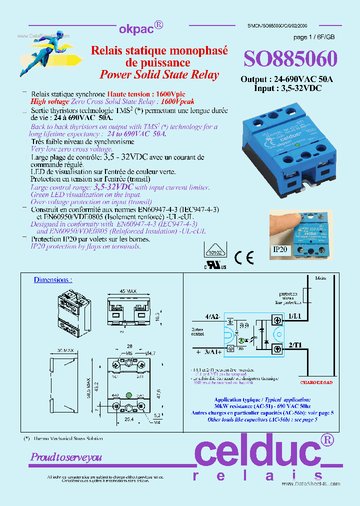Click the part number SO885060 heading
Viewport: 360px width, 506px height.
pyautogui.click(x=290, y=59)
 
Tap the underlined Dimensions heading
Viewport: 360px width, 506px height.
pyautogui.click(x=53, y=280)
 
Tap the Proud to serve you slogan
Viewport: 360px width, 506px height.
pyautogui.click(x=66, y=457)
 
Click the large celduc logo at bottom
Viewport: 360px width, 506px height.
pyautogui.click(x=263, y=452)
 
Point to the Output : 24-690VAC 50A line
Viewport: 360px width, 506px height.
pyautogui.click(x=286, y=79)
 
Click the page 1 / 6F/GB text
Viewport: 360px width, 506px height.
pyautogui.click(x=314, y=37)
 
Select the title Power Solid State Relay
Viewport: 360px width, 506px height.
pyautogui.click(x=159, y=74)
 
